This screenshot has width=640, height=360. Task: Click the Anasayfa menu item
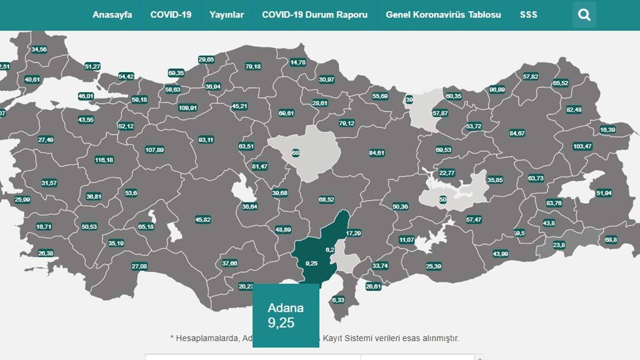tap(112, 14)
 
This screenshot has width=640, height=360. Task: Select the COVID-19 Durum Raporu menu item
tap(315, 14)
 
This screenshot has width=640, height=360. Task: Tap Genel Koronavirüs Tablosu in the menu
tap(443, 14)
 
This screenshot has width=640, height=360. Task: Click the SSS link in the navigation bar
tap(529, 14)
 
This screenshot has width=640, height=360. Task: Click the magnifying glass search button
tap(584, 15)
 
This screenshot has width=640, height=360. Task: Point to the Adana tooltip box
tap(285, 315)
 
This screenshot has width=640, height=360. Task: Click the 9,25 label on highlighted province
tap(312, 263)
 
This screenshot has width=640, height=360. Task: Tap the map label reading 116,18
tap(104, 160)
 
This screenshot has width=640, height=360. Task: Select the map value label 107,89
tap(154, 150)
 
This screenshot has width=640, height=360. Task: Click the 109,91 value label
tap(188, 108)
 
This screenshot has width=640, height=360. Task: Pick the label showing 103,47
tap(582, 146)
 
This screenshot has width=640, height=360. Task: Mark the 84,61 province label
tap(377, 153)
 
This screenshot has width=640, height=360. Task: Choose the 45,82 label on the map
tap(203, 219)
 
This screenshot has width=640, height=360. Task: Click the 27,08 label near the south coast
tap(139, 266)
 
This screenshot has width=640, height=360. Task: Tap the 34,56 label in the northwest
tap(39, 49)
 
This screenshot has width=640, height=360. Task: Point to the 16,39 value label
tap(607, 130)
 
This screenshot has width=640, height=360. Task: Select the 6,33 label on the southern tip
tap(338, 300)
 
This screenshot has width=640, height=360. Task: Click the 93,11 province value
tap(206, 140)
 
